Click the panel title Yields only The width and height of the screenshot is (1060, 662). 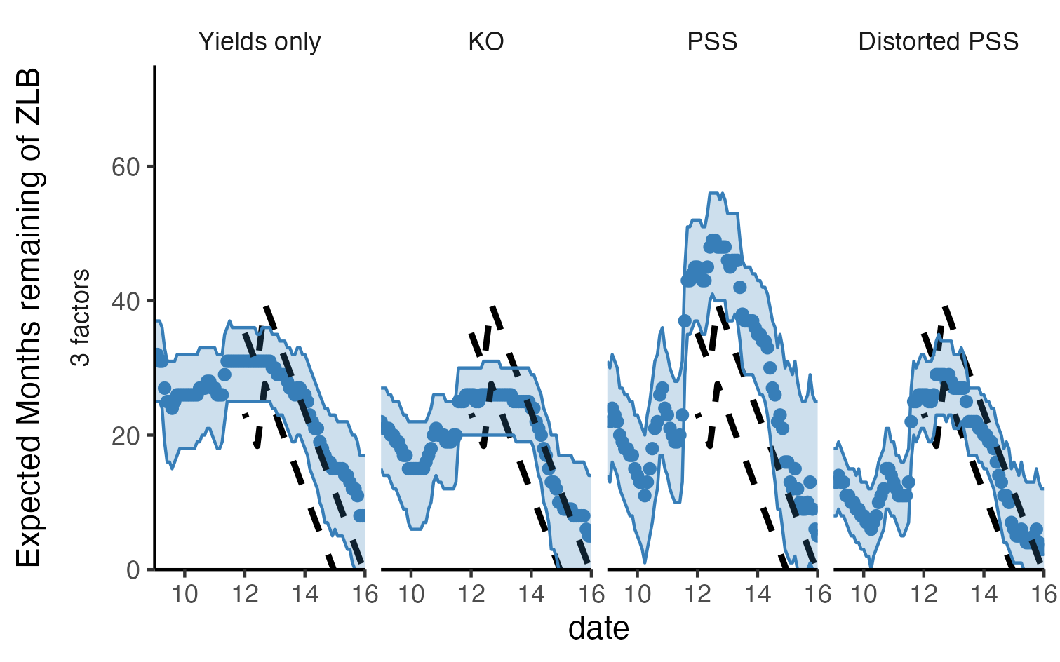[x=260, y=42]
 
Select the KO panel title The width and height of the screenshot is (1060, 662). [x=485, y=42]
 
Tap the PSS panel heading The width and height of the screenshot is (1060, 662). [x=712, y=42]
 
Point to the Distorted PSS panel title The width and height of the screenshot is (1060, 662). [x=938, y=42]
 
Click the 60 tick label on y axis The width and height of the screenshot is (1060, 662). [x=126, y=167]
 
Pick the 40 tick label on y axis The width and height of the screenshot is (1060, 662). [x=126, y=302]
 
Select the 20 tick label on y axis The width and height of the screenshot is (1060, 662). [x=126, y=435]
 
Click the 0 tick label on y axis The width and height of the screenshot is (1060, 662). [x=133, y=570]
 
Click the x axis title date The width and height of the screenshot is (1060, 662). [x=598, y=628]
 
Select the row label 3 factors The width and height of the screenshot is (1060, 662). [x=81, y=318]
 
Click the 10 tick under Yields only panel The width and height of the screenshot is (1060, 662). [x=185, y=595]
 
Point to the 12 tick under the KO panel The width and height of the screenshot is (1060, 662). [x=471, y=595]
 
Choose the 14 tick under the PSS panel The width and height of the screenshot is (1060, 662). [x=758, y=595]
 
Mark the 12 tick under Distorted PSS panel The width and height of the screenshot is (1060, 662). [x=924, y=595]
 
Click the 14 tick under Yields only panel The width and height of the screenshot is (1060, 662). [x=304, y=595]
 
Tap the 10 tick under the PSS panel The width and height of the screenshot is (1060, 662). [x=638, y=595]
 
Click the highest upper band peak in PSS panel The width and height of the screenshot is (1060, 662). [x=715, y=193]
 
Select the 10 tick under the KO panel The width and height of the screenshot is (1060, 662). [x=411, y=595]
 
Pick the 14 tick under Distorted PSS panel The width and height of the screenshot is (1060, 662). [x=984, y=595]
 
